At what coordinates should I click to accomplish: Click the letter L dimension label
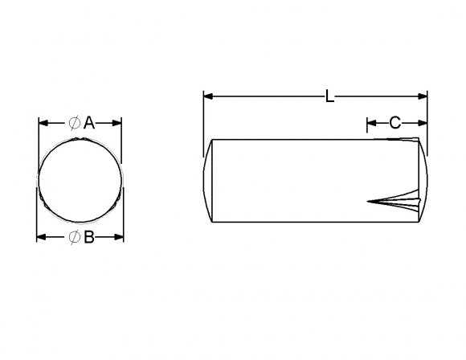pos(330,97)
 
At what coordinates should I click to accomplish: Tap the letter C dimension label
pos(395,123)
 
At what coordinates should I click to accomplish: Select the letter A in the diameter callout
pos(89,123)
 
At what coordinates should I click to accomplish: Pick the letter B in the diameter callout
pos(89,237)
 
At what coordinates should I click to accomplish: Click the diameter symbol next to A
pos(73,123)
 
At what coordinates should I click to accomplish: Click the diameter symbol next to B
pos(73,237)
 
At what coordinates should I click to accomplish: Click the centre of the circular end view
pos(80,180)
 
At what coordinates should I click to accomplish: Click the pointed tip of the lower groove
pos(368,201)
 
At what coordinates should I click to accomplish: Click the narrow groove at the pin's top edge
pos(398,142)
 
